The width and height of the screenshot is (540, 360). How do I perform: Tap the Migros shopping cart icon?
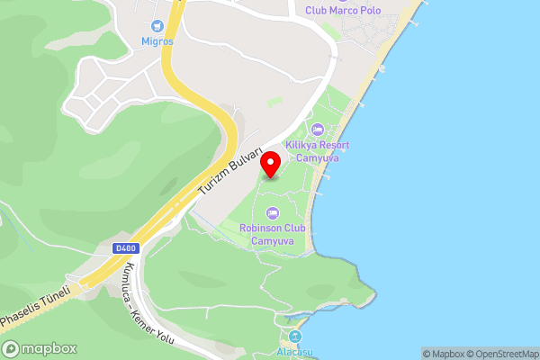click(159, 27)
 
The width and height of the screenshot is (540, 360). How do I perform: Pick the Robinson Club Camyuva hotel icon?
click(273, 213)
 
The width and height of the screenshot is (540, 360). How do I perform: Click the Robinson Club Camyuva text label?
click(273, 234)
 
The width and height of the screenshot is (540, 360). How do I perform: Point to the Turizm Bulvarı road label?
click(230, 173)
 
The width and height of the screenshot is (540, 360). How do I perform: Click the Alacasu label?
click(294, 352)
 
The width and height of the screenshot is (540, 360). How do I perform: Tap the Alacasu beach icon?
click(294, 337)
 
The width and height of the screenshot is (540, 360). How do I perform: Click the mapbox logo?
click(40, 348)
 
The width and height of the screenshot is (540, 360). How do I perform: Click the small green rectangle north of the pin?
click(274, 103)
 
